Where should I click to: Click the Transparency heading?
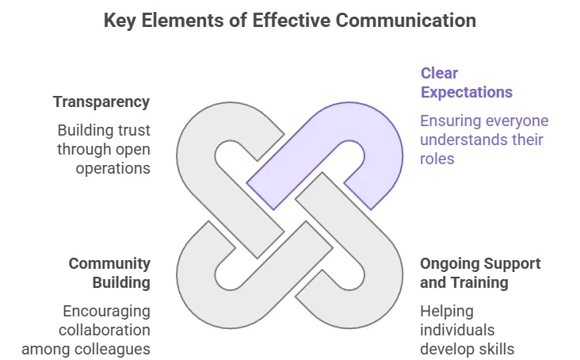tap(101, 102)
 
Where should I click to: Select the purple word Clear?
tap(439, 74)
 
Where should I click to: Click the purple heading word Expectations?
tap(466, 93)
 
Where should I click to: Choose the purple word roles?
tap(438, 159)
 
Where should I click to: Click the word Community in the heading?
tap(109, 263)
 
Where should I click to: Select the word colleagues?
tap(115, 349)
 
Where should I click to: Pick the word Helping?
tap(446, 311)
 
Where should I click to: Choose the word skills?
tap(498, 349)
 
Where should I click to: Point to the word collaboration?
tap(107, 330)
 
